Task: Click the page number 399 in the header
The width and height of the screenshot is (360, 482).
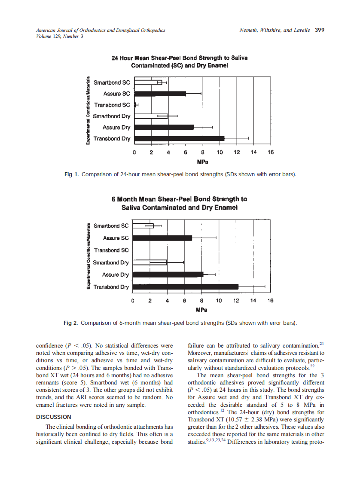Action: click(x=319, y=30)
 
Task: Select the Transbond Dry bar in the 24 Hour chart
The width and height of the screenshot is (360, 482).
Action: click(x=179, y=138)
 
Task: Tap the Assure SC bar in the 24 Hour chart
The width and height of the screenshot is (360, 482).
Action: click(x=160, y=93)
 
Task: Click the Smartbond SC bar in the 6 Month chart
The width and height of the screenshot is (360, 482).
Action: click(x=143, y=226)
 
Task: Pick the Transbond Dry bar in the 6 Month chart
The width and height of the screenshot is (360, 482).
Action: click(x=185, y=287)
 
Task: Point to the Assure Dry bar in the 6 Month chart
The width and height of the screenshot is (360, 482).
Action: click(x=168, y=275)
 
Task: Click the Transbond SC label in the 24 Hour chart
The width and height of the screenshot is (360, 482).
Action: click(x=112, y=105)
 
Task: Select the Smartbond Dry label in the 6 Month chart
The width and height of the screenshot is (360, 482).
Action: click(x=111, y=262)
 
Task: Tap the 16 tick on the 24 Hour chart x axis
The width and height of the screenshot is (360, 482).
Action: click(x=270, y=153)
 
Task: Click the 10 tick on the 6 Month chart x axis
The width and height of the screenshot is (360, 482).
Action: click(x=219, y=301)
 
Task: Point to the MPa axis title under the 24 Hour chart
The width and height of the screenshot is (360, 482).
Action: click(x=202, y=162)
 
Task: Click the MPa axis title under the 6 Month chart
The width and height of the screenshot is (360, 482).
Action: click(x=201, y=310)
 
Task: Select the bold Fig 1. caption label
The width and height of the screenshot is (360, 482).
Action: click(x=71, y=174)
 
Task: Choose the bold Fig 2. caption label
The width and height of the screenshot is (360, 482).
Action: click(x=71, y=323)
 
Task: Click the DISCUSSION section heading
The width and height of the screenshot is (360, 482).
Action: click(x=54, y=417)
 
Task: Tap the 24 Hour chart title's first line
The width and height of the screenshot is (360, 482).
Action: click(x=179, y=58)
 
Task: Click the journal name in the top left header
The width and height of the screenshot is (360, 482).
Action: click(x=101, y=31)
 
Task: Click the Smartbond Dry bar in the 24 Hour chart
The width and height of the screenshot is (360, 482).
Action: click(x=151, y=116)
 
